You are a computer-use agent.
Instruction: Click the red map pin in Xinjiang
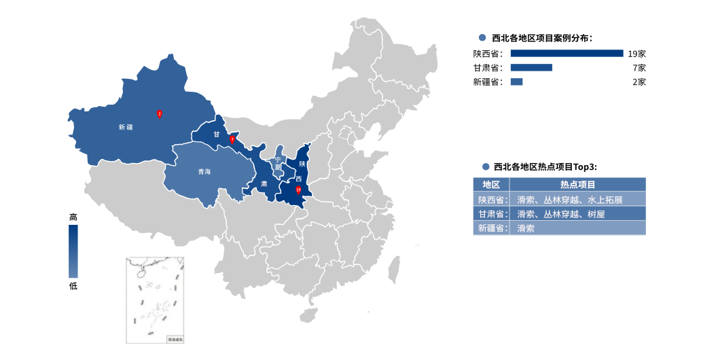pos(160,114)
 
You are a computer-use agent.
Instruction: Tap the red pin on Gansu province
pos(232,139)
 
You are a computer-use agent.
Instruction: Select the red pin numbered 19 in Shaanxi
pos(298,190)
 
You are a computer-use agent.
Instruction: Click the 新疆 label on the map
pos(126,127)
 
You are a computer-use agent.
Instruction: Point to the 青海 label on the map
pos(204,172)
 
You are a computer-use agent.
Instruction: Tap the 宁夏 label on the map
pos(277,163)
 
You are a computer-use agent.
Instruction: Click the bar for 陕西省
pos(567,54)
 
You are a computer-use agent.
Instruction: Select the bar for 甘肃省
pos(531,68)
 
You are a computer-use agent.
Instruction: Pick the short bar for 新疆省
pos(516,82)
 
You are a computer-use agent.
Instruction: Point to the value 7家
pos(639,68)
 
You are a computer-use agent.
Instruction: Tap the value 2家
pos(639,82)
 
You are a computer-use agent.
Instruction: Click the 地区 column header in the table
pos(491,185)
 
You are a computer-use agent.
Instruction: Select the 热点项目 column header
pos(577,185)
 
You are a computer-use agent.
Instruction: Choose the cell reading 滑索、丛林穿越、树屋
pos(560,214)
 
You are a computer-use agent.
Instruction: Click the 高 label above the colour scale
pos(73,217)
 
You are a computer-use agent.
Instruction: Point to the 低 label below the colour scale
pos(73,286)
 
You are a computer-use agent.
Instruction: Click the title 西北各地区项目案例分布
pos(541,38)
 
